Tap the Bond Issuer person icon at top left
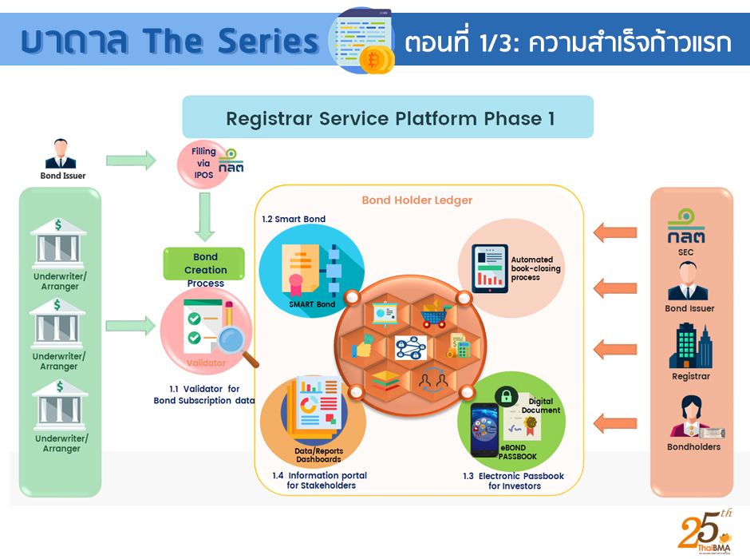62,154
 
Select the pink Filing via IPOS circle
205,161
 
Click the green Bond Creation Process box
205,264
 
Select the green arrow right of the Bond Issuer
131,161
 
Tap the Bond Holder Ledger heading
416,200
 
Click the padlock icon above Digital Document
506,395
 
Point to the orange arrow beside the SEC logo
615,232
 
